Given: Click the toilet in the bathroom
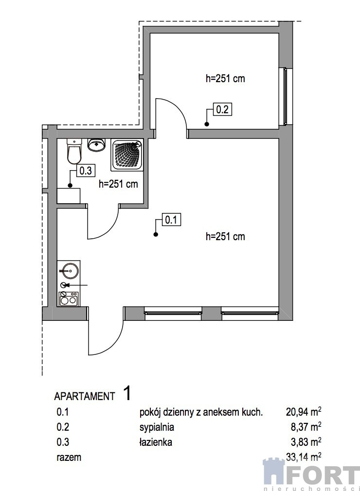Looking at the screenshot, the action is click(74, 151).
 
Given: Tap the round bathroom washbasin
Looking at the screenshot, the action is click(96, 145).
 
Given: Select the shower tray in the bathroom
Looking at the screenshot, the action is click(126, 155).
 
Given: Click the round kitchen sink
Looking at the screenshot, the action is click(69, 270).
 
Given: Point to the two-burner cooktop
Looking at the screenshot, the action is click(69, 298).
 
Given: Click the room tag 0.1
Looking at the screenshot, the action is click(171, 220).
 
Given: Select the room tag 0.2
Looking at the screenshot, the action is click(222, 110).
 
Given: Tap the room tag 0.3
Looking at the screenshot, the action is click(86, 171).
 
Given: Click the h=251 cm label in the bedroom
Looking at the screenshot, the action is click(225, 78).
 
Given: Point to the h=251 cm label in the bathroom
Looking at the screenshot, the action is click(118, 184).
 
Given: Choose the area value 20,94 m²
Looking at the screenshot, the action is click(304, 412).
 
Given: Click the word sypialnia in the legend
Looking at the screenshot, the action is click(157, 427).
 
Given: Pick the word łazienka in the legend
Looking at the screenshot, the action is click(156, 442).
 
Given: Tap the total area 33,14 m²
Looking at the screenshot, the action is click(304, 457).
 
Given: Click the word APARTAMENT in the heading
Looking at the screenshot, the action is click(85, 396).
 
